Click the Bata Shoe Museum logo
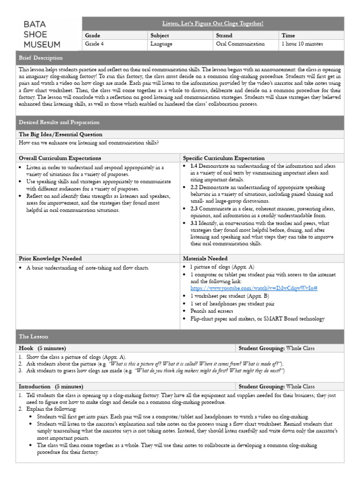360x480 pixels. tap(42, 34)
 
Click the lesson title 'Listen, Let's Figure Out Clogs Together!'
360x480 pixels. tap(212, 23)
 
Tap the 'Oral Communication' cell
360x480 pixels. tap(240, 44)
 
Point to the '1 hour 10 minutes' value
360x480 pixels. tap(302, 44)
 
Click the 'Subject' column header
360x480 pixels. tap(159, 35)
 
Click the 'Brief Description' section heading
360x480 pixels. tap(41, 58)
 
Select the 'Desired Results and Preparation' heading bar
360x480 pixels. tap(59, 122)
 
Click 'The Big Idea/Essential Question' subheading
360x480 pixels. tap(60, 135)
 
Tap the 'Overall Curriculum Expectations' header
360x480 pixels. tap(60, 158)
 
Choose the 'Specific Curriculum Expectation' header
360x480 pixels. tap(224, 158)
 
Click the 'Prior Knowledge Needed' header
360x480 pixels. tap(50, 258)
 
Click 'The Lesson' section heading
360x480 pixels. tap(33, 337)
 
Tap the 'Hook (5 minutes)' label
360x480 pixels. tap(42, 348)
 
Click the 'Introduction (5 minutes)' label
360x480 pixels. tap(51, 387)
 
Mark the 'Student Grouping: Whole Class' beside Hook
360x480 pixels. tap(277, 348)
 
